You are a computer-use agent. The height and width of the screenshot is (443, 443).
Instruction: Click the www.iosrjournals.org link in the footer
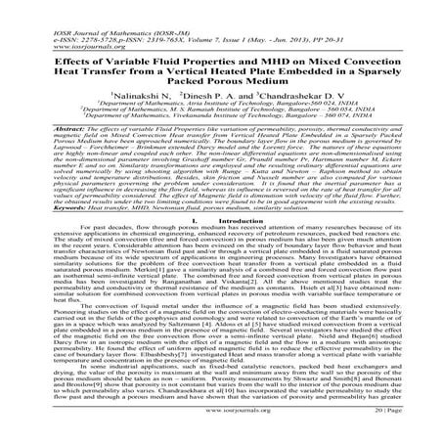[x=221, y=429]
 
